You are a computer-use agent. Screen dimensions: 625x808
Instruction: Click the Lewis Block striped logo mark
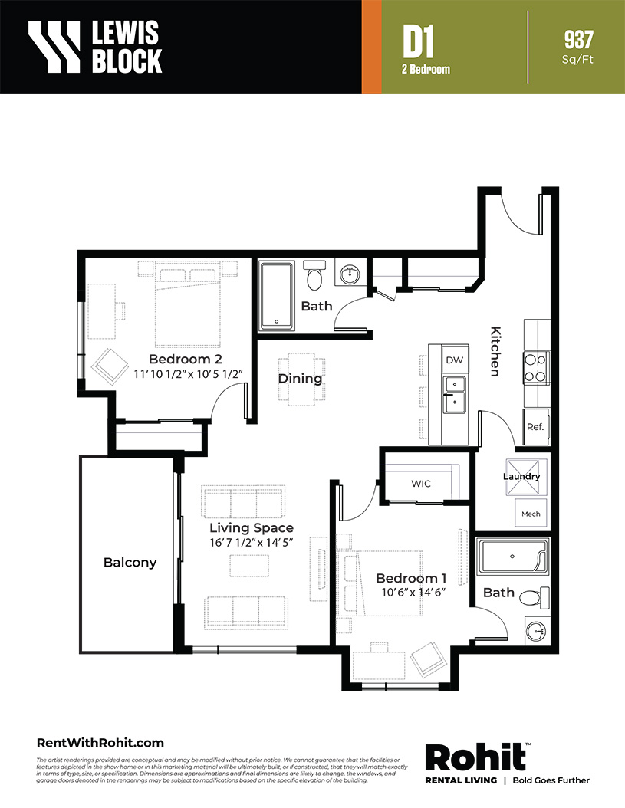[x=54, y=46]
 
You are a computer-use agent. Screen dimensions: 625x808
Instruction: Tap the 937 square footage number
[x=578, y=40]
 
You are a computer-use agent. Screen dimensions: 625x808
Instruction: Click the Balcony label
[x=130, y=562]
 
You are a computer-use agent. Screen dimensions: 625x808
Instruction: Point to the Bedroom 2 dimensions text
[x=188, y=374]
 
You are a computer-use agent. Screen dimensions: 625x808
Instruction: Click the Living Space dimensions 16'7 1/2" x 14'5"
[x=251, y=543]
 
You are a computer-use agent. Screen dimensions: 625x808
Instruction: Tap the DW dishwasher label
[x=454, y=360]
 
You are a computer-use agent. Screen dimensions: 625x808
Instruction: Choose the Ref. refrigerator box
[x=536, y=427]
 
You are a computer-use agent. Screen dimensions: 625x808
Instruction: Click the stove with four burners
[x=536, y=368]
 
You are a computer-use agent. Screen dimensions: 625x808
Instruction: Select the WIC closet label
[x=421, y=484]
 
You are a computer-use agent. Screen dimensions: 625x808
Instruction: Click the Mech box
[x=531, y=514]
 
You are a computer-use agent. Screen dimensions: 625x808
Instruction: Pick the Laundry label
[x=521, y=476]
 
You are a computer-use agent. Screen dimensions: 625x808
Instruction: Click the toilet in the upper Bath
[x=314, y=275]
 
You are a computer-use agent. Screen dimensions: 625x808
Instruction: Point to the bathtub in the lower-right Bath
[x=512, y=557]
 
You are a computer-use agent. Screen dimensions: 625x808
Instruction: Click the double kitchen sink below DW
[x=455, y=395]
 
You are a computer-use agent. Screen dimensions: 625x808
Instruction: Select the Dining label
[x=300, y=379]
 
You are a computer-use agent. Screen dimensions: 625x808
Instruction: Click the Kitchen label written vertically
[x=495, y=351]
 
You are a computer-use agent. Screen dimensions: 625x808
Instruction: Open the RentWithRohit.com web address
[x=100, y=743]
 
